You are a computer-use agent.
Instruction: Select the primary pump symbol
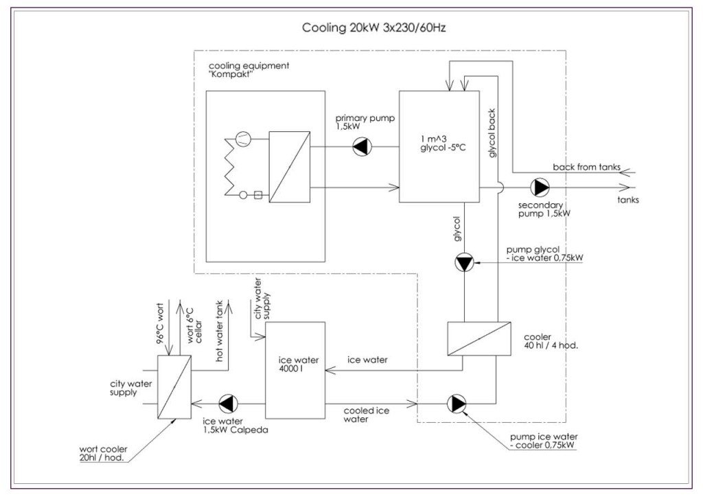tap(360, 147)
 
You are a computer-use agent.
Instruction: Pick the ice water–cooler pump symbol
tap(455, 404)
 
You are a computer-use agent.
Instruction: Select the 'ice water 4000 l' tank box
tap(295, 370)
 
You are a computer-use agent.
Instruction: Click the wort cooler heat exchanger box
tap(174, 386)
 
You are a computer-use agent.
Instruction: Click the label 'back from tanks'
tap(586, 167)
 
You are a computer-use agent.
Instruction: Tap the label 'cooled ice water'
tap(367, 414)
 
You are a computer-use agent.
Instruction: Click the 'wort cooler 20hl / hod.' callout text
tap(108, 454)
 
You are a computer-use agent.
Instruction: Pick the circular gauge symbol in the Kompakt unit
tap(242, 139)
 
